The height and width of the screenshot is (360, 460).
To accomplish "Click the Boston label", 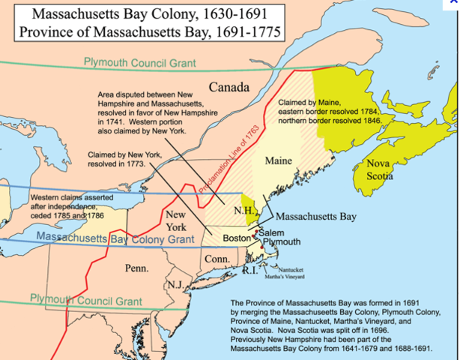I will tap(236, 238).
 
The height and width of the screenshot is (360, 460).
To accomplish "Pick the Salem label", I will tap(273, 232).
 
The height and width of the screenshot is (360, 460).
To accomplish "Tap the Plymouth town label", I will tap(280, 242).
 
